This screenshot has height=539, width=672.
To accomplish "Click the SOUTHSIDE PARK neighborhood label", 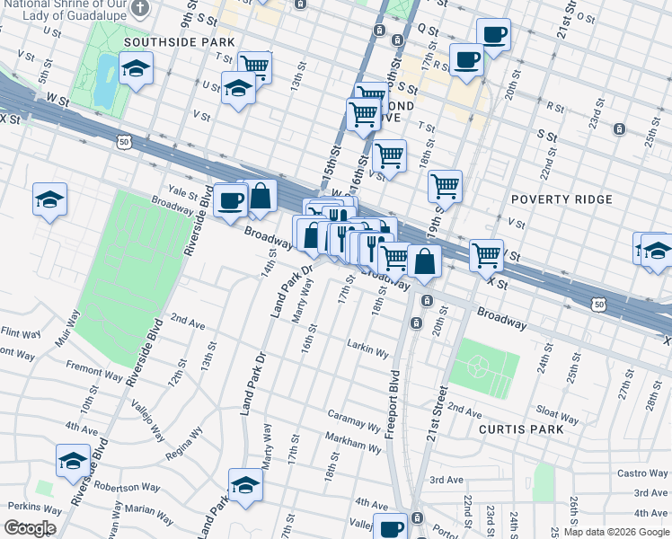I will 179,42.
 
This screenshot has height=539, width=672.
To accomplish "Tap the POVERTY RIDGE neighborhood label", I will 561,199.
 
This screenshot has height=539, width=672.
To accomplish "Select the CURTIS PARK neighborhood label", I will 521,429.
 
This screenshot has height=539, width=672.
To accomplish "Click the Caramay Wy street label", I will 354,423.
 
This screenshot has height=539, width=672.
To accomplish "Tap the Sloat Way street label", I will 557,414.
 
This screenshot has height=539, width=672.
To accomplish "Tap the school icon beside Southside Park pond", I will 136,69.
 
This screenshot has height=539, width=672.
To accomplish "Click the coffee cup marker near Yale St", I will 231,199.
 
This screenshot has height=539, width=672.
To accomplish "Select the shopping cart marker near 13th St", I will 255,66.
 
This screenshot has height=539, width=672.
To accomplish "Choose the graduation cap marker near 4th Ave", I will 73,461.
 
